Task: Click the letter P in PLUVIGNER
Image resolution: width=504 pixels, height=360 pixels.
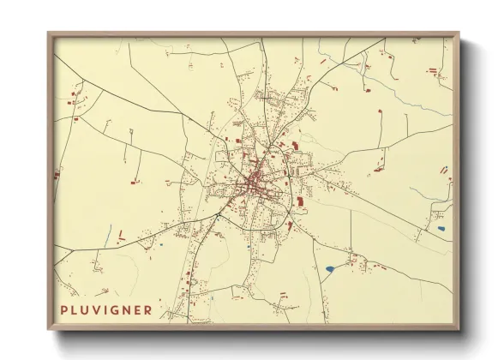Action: tap(64, 309)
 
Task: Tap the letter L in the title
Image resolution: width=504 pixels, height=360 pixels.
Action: tap(75, 309)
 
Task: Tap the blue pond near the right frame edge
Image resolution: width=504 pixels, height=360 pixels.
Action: tap(441, 228)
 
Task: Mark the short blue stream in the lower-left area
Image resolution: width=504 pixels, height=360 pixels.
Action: tap(109, 232)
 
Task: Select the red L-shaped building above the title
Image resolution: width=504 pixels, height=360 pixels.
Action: tap(122, 234)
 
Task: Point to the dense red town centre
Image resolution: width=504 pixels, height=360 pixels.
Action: tap(254, 182)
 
